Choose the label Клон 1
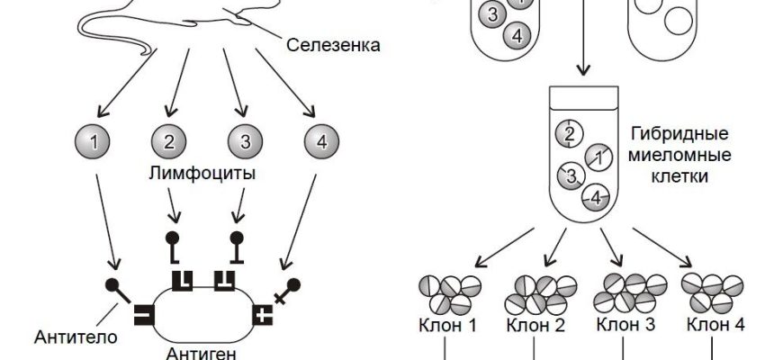click(447, 325)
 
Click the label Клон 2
click(535, 325)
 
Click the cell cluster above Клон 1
click(447, 292)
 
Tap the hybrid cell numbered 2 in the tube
click(569, 134)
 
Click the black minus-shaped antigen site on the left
click(143, 315)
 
